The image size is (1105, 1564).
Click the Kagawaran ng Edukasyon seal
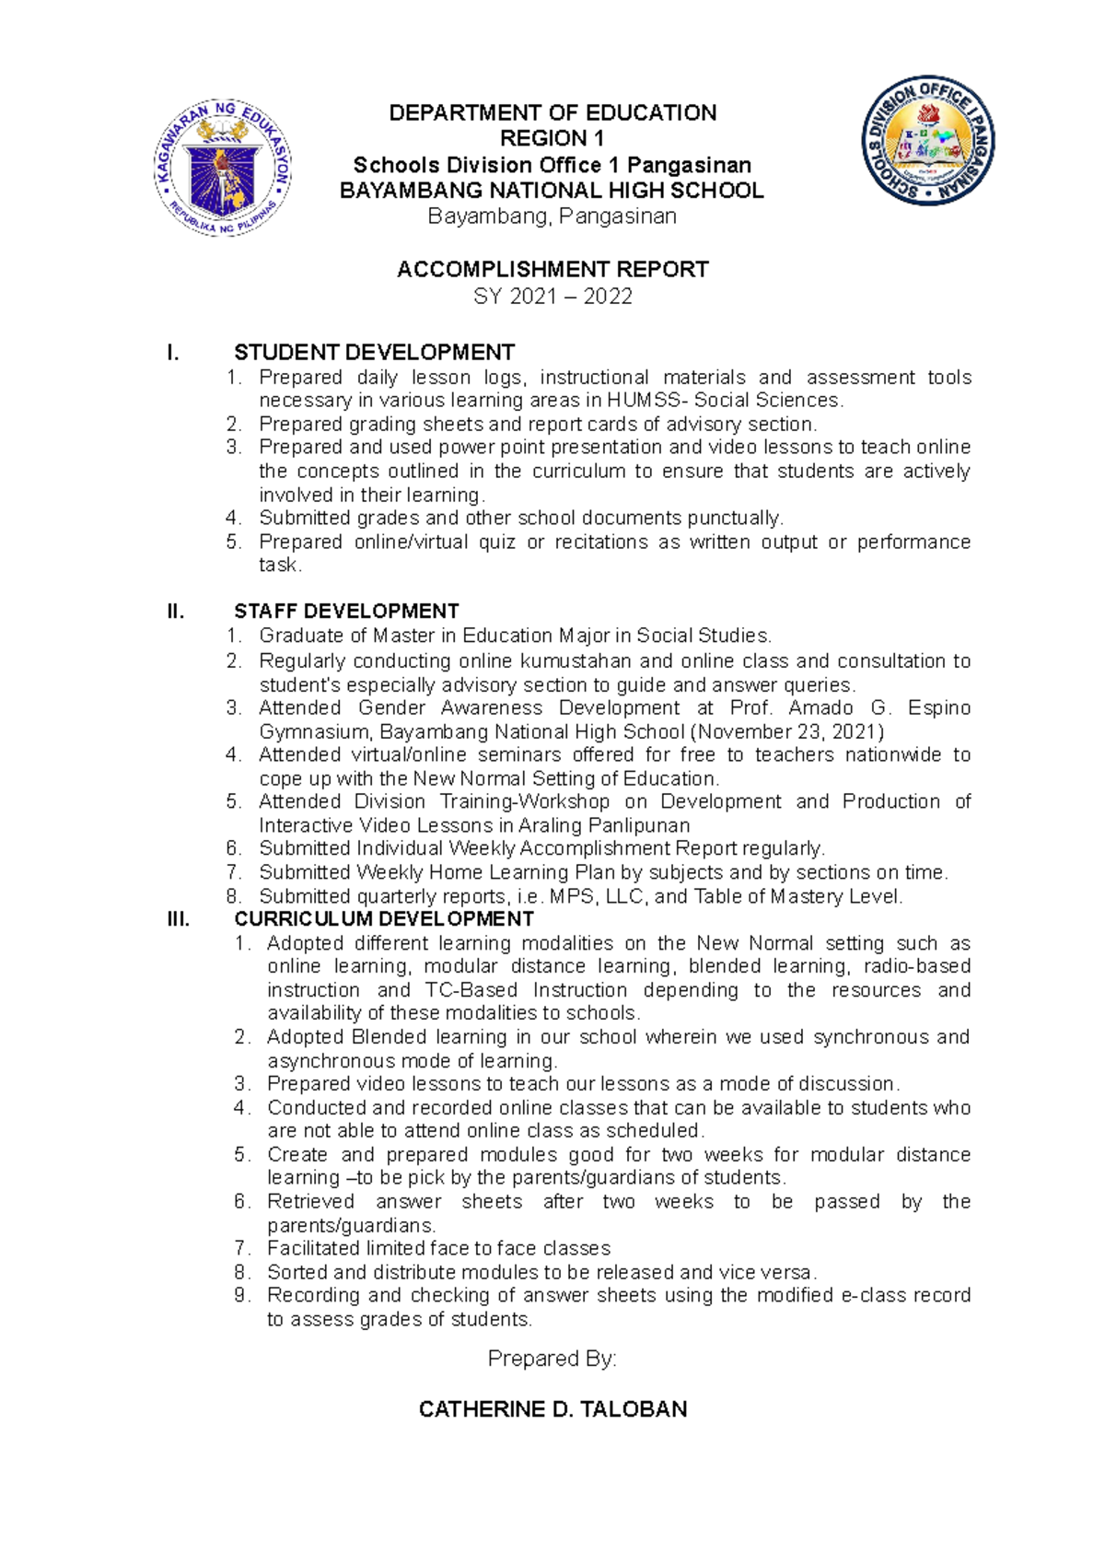[224, 168]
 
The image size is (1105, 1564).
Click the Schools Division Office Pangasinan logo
[927, 141]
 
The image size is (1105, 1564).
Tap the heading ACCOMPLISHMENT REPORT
[552, 270]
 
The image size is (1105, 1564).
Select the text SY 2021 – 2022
[552, 297]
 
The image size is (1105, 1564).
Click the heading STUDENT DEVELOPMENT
[374, 353]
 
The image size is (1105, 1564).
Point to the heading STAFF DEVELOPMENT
[346, 612]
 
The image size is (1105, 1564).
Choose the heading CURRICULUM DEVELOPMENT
[384, 919]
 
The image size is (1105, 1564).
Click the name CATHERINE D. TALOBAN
[552, 1410]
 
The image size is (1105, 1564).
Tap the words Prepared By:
[552, 1359]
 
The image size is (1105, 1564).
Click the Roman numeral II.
[175, 612]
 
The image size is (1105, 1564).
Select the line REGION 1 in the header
[552, 139]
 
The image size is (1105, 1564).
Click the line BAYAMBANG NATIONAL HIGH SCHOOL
[552, 191]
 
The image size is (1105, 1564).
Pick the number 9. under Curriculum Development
[242, 1296]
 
